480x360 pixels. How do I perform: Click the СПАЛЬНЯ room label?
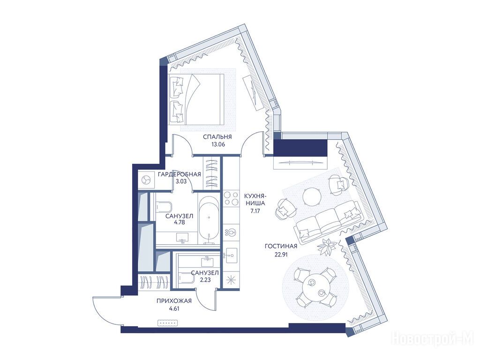pyautogui.click(x=217, y=137)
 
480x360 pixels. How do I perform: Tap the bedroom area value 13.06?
pyautogui.click(x=218, y=144)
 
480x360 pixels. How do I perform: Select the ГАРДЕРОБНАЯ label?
pyautogui.click(x=180, y=174)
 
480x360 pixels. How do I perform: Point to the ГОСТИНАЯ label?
pyautogui.click(x=281, y=246)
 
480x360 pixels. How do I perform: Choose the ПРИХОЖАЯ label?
pyautogui.click(x=174, y=301)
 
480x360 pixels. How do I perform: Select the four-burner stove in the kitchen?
pyautogui.click(x=231, y=198)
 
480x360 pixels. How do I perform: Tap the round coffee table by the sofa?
pyautogui.click(x=312, y=196)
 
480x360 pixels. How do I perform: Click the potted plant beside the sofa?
pyautogui.click(x=327, y=247)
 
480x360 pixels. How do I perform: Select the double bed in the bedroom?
pyautogui.click(x=196, y=99)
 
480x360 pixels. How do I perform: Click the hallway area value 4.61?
pyautogui.click(x=174, y=308)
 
